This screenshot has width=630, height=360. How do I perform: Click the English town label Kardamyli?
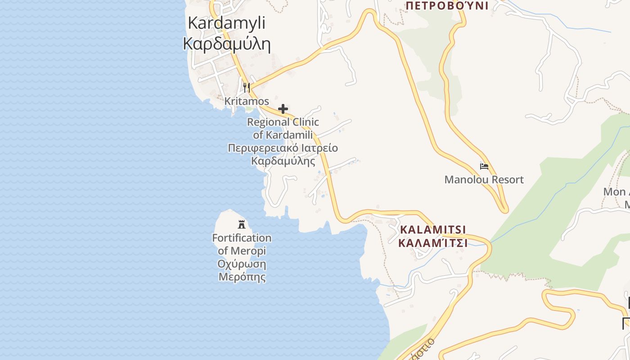click(x=226, y=22)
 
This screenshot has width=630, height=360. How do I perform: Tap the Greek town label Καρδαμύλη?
click(x=226, y=44)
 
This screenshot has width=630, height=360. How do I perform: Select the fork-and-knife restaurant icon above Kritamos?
click(x=246, y=87)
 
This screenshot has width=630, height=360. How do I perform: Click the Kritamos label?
click(x=247, y=101)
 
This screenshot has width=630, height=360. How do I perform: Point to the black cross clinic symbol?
click(x=283, y=109)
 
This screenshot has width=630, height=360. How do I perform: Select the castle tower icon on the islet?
click(x=242, y=224)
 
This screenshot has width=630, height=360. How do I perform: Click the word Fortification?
click(x=242, y=238)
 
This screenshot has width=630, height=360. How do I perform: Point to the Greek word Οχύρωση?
click(x=242, y=264)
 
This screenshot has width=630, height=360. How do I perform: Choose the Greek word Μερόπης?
click(x=242, y=276)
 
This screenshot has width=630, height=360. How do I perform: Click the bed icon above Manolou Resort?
click(x=484, y=166)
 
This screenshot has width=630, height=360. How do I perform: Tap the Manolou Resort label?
click(x=484, y=180)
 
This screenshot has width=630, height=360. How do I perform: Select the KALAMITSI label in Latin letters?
click(x=433, y=229)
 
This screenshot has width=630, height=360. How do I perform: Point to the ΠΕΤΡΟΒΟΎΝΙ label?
click(x=447, y=5)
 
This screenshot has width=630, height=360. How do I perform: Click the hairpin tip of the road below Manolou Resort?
click(x=504, y=209)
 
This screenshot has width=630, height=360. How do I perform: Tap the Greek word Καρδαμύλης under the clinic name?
click(x=283, y=161)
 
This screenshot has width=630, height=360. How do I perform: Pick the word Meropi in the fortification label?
click(x=248, y=251)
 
